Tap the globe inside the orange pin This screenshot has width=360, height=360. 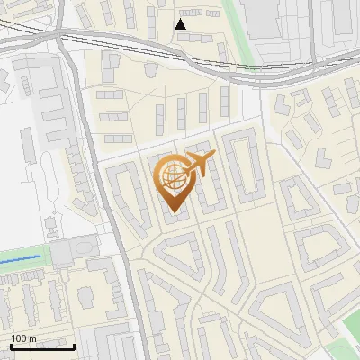174,175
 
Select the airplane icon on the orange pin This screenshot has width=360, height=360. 201,163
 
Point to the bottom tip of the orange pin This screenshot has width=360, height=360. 174,212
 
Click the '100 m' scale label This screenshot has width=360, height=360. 23,338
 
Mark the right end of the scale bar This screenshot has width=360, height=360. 75,346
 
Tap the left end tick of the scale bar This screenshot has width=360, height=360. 10,346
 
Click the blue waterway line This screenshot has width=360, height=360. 22,259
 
